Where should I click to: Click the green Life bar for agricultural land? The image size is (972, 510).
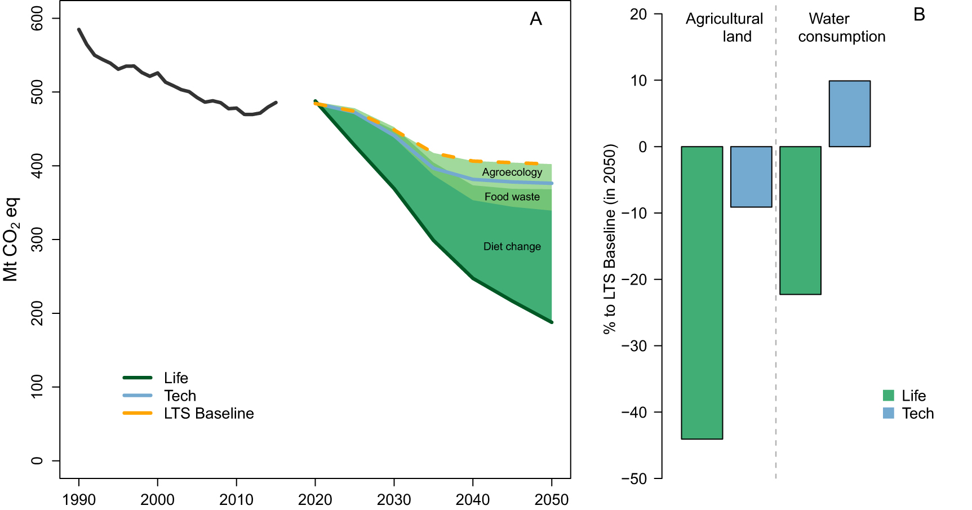tap(702, 292)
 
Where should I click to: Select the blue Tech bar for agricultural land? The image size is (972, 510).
tap(751, 177)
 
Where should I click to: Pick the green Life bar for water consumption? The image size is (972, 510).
tap(800, 220)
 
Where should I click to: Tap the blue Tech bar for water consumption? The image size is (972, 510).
tap(849, 114)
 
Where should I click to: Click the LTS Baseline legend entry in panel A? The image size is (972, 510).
tap(208, 414)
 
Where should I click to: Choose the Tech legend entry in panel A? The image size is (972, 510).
tap(180, 396)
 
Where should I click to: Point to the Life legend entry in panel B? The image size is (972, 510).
tap(913, 396)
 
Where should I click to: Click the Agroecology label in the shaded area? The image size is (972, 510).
tap(512, 172)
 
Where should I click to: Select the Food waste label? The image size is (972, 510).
tap(512, 197)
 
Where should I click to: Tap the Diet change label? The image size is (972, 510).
tap(512, 246)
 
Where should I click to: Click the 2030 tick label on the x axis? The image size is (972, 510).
tap(394, 499)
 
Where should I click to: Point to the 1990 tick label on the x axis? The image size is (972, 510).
tap(79, 499)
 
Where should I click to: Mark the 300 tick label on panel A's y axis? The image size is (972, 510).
tap(37, 240)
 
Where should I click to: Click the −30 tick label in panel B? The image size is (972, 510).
tap(634, 346)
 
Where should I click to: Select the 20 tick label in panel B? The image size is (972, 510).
tap(638, 15)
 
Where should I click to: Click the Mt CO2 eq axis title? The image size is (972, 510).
tap(11, 240)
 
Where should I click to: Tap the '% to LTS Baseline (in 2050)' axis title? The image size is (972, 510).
tap(610, 240)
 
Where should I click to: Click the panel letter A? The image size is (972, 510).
tap(535, 20)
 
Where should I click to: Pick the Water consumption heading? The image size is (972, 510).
tap(841, 28)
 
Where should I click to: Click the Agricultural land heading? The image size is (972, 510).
tap(724, 28)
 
